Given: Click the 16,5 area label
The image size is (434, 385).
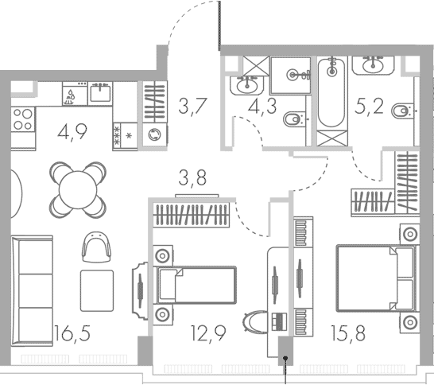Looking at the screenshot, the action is (x=72, y=333).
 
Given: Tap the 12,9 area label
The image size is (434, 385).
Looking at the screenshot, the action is (x=208, y=333).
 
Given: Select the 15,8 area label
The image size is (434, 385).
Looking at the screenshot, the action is (x=348, y=333).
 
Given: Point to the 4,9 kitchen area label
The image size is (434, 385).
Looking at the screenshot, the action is (x=72, y=132).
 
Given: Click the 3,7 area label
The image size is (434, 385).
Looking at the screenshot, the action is (x=192, y=107).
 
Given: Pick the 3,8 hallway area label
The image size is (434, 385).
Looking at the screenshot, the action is (x=192, y=178).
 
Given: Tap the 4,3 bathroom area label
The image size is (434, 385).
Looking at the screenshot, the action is (x=262, y=107).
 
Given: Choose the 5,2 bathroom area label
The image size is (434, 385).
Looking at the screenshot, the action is (x=369, y=107).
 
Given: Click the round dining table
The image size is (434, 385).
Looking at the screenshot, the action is (x=78, y=190).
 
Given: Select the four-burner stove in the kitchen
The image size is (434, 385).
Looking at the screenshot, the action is (x=23, y=119).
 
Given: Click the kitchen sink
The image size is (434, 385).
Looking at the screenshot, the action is (x=100, y=93).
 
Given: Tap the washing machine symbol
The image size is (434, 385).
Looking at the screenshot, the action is (x=155, y=135).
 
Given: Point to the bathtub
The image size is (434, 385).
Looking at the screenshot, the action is (x=331, y=93).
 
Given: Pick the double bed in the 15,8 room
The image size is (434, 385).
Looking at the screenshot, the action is (x=377, y=278).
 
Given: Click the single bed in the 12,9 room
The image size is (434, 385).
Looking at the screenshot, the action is (x=196, y=285).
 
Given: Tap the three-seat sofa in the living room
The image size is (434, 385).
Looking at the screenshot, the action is (x=32, y=291).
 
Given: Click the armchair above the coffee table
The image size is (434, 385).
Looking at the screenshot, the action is (x=96, y=247).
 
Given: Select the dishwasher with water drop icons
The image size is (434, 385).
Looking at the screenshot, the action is (x=75, y=93).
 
